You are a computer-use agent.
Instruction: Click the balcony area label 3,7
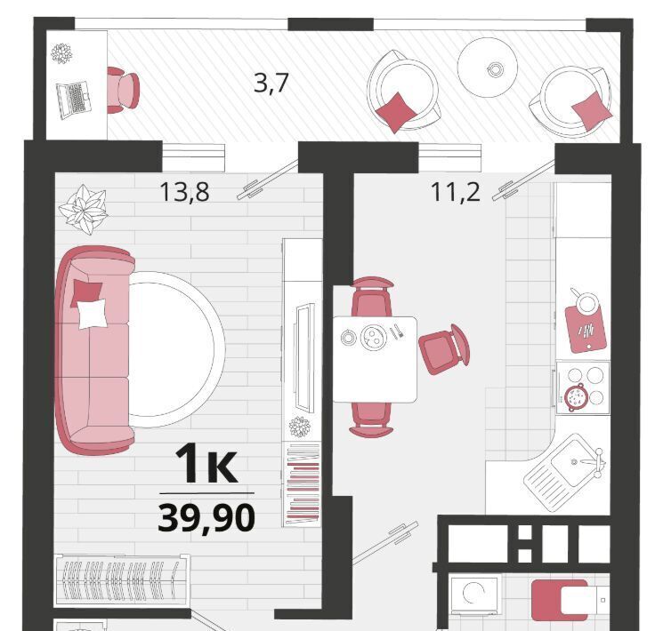click(x=271, y=83)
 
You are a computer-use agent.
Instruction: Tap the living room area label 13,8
click(x=184, y=192)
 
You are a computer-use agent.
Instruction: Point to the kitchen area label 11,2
click(x=455, y=192)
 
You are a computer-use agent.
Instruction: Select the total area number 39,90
click(x=206, y=517)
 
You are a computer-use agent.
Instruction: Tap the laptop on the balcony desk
click(x=74, y=100)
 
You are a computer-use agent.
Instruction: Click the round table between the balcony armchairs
click(x=488, y=68)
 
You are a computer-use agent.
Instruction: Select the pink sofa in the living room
click(x=94, y=350)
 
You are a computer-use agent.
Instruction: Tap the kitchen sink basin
click(x=573, y=461)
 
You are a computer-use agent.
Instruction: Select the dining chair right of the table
click(x=444, y=349)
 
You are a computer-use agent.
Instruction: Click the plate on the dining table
click(x=373, y=337)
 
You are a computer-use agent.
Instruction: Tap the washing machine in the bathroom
click(x=475, y=595)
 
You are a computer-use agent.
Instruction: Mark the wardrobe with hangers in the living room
click(x=122, y=580)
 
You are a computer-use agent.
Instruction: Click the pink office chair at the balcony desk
click(x=123, y=90)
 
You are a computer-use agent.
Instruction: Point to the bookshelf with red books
click(x=302, y=484)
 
